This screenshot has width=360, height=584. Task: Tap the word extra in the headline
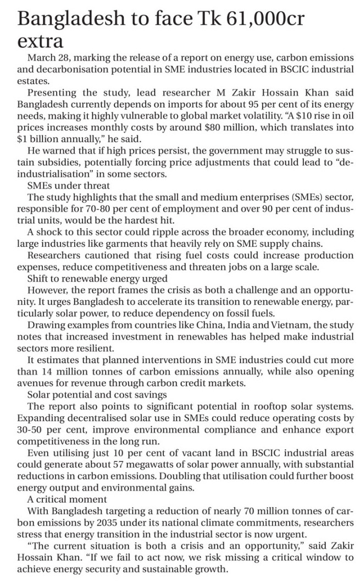(x=40, y=42)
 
